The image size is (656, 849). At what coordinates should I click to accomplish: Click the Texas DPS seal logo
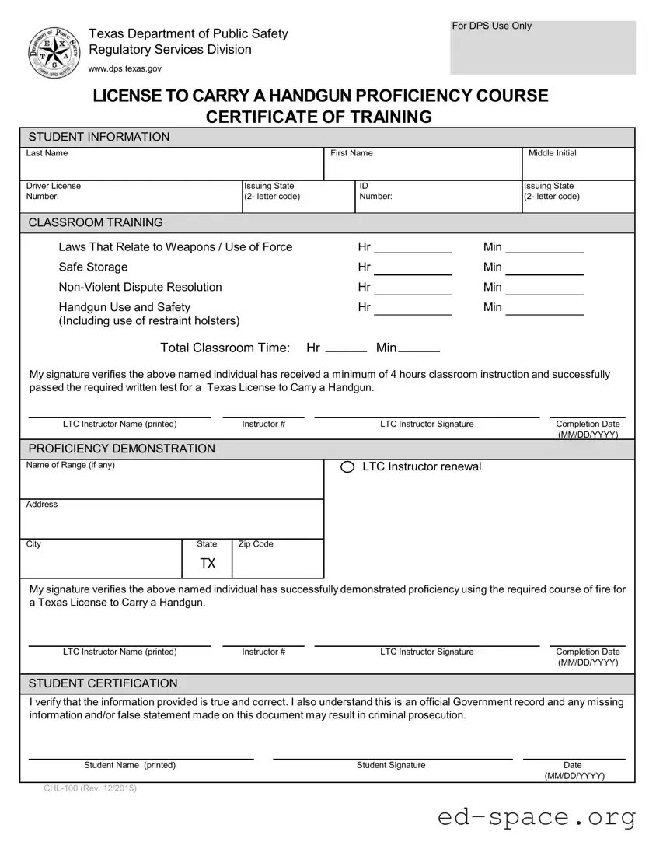tap(52, 51)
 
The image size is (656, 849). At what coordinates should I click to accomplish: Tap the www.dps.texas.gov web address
tap(125, 69)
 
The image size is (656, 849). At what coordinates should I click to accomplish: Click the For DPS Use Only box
tap(543, 47)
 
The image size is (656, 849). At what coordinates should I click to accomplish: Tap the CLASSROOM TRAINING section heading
tap(96, 222)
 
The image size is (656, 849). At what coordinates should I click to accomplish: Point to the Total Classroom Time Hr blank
tap(346, 348)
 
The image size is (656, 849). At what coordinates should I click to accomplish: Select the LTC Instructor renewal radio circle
tap(348, 466)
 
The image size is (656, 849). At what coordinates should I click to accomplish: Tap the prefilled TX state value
tap(208, 563)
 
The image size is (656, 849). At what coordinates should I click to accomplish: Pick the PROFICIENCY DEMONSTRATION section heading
tap(122, 449)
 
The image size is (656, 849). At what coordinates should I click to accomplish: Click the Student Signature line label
tap(391, 765)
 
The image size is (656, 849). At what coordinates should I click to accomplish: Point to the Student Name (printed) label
tap(130, 765)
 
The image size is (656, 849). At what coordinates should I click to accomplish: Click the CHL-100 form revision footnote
tap(90, 789)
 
